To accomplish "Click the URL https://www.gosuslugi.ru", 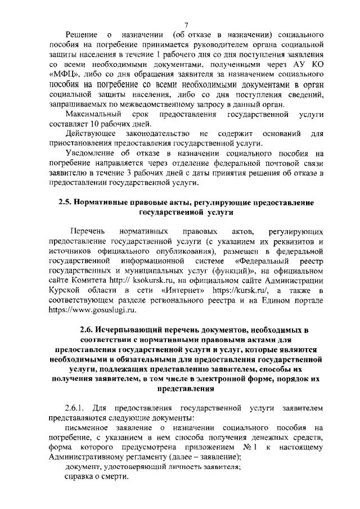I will (x=93, y=309).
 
